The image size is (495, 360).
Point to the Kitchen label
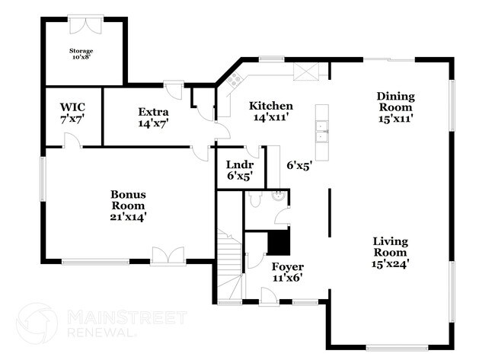coord(271,107)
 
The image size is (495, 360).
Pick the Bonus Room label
coord(128,199)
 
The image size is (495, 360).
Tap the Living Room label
coord(389,247)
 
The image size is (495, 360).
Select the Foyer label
coord(287,267)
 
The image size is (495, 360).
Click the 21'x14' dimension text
coord(128,216)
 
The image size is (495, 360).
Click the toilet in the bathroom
coord(256,199)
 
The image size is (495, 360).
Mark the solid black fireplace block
coord(279,243)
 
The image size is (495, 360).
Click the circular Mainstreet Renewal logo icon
coord(37,323)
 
